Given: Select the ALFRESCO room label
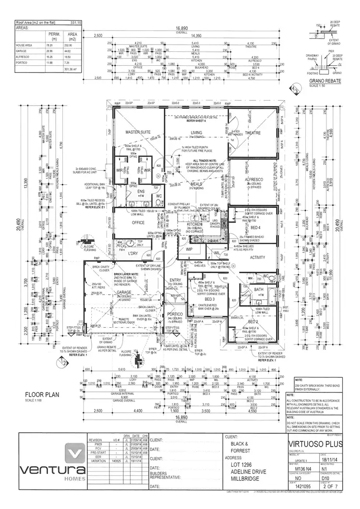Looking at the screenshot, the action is tap(252, 178).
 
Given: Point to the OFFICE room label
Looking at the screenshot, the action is tap(138, 223).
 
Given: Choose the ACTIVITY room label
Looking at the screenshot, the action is tap(257, 257).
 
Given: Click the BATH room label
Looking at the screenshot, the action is tap(259, 289).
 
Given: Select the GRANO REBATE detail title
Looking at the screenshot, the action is tap(325, 81).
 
